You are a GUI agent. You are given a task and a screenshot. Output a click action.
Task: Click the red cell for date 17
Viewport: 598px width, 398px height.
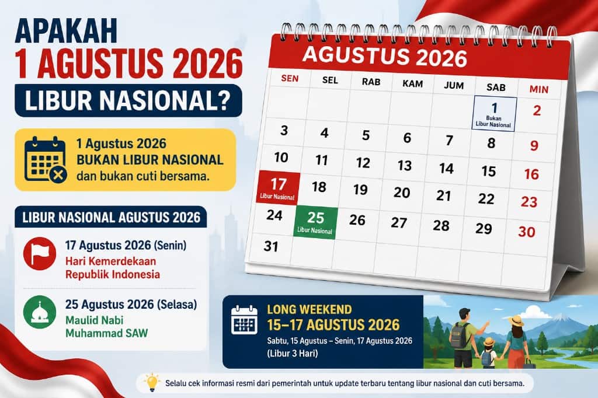278,187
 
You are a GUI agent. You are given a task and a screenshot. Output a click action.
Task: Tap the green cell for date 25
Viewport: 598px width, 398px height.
315,222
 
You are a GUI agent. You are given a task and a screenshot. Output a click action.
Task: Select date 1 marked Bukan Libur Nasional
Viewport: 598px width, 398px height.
494,114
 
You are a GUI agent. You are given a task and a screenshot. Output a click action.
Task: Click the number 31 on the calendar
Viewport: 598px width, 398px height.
271,246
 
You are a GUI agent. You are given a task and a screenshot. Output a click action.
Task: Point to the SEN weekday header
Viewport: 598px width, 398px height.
290,79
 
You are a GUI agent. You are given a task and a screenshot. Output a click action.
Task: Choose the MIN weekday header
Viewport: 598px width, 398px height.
539,90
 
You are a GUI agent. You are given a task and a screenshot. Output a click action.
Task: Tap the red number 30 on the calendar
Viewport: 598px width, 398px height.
527,232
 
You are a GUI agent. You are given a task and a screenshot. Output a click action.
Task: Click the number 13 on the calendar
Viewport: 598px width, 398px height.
405,166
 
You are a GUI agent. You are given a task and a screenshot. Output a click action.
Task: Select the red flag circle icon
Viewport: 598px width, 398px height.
40,253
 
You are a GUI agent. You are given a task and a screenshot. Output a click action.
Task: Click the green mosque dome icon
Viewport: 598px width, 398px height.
40,312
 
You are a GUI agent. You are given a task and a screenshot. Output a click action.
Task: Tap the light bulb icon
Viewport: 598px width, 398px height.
152,382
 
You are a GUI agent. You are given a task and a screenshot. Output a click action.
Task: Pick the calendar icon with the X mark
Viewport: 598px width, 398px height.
46,159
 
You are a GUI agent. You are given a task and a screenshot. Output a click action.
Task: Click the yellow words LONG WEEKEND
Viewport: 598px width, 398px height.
310,309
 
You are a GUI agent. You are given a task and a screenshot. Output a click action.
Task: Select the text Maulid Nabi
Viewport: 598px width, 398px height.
94,320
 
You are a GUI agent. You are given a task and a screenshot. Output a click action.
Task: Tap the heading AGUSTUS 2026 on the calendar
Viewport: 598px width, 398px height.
385,57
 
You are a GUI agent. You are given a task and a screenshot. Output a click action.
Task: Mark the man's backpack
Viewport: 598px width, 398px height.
458,335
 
